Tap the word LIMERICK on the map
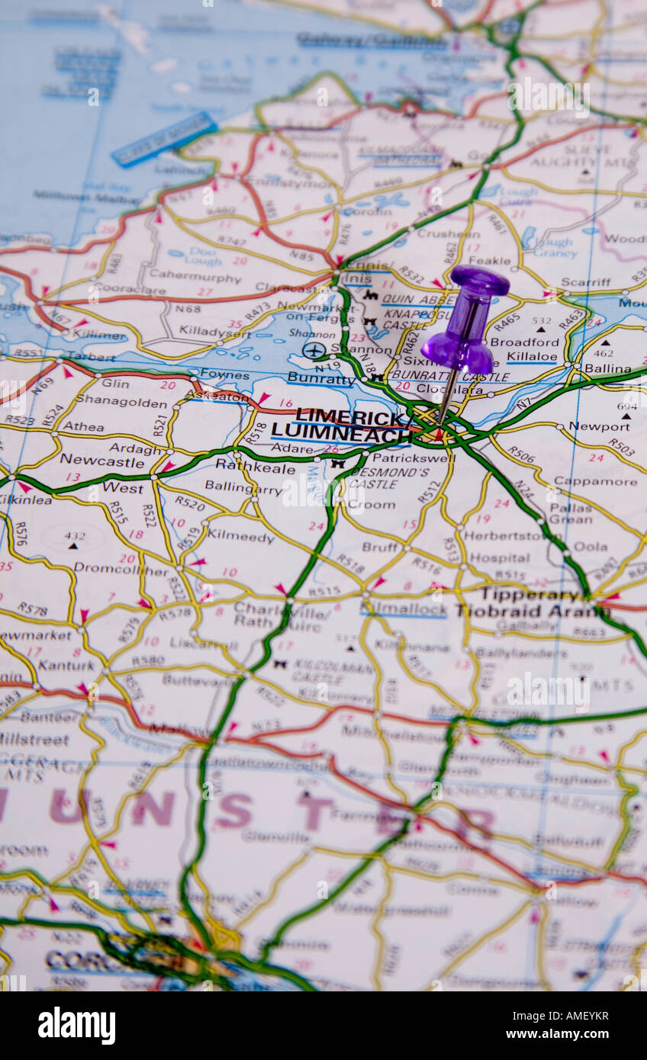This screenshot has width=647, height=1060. [x=349, y=417]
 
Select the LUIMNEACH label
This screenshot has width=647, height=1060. [x=341, y=435]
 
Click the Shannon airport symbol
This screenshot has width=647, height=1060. [x=314, y=350]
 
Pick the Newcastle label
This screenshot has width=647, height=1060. [x=102, y=460]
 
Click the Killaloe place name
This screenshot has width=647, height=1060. [x=533, y=356]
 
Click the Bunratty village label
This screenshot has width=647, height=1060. [x=321, y=379]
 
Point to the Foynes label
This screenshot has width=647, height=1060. [x=224, y=374]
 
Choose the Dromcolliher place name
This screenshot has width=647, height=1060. [x=121, y=570]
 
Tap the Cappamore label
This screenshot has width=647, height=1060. [x=595, y=481]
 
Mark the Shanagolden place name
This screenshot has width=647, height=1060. [x=121, y=402]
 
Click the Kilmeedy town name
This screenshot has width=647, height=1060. [x=240, y=537]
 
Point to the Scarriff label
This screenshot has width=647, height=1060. [x=585, y=282]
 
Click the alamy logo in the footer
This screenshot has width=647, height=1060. [x=76, y=1026]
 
